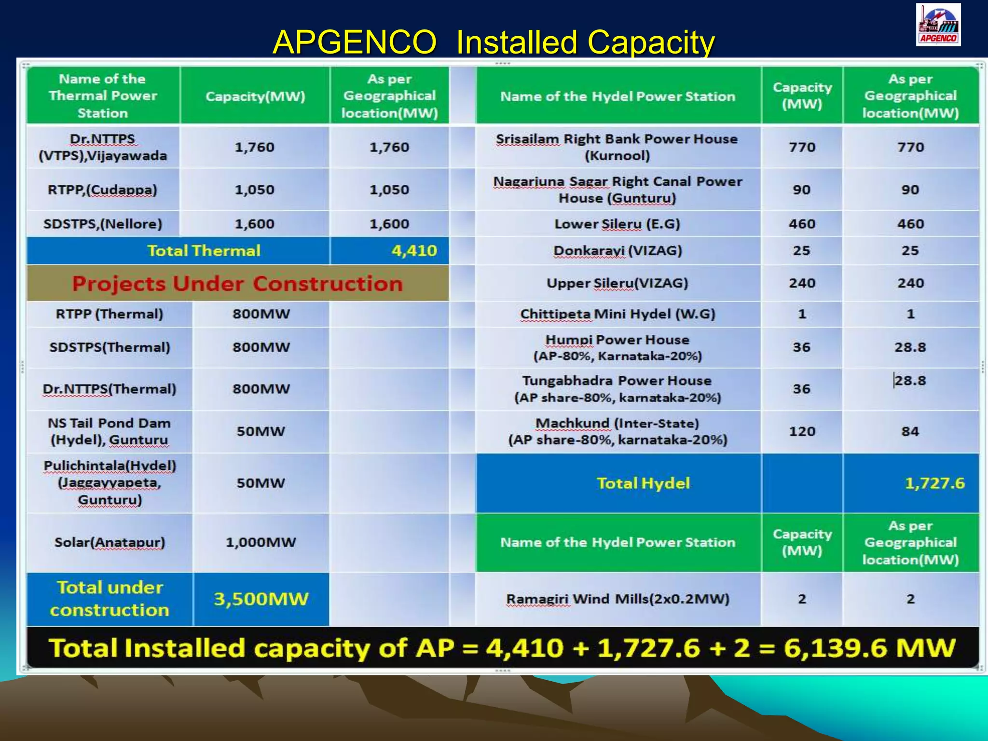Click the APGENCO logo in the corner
[x=938, y=25]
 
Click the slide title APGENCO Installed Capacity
[x=493, y=42]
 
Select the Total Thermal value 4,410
[x=414, y=250]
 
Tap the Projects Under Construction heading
[x=237, y=284]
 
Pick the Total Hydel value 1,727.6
[x=934, y=483]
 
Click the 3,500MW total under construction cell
[x=261, y=599]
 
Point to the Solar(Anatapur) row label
[x=110, y=542]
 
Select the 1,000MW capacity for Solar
[x=261, y=542]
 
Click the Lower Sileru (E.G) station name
[x=617, y=224]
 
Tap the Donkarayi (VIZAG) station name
[x=617, y=251]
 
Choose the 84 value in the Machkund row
[x=910, y=431]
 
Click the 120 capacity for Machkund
[x=802, y=431]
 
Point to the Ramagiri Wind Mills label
[x=617, y=599]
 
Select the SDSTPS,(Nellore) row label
[x=103, y=224]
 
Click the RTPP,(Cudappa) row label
[x=103, y=190]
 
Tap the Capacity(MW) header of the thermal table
[x=255, y=96]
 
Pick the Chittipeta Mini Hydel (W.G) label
[x=617, y=314]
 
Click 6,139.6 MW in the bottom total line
[x=869, y=648]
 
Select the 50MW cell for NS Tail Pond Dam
[x=261, y=431]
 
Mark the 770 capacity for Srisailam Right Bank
[x=802, y=147]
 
